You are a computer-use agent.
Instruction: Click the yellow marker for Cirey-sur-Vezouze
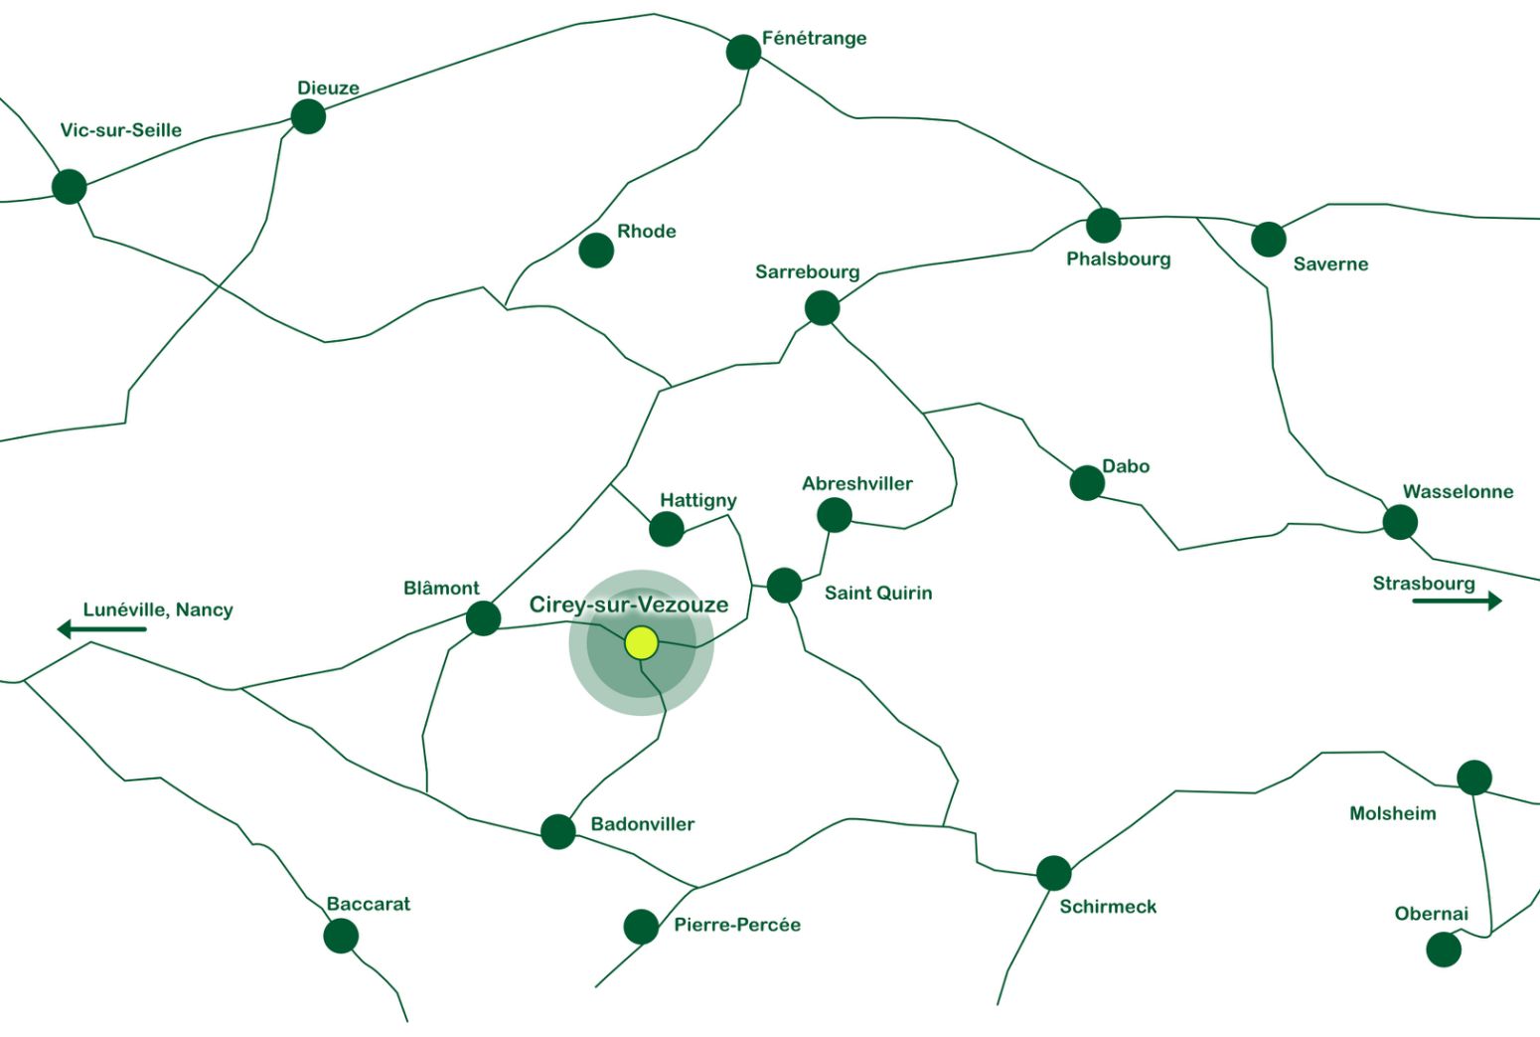[x=642, y=643]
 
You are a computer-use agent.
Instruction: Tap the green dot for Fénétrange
[x=743, y=52]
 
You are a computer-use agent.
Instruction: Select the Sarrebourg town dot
[x=822, y=308]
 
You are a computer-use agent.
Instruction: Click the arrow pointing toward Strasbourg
[x=1457, y=601]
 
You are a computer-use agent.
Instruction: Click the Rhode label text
[x=646, y=232]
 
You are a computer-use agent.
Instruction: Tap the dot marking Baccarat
[x=341, y=936]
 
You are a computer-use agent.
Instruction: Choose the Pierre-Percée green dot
[x=641, y=927]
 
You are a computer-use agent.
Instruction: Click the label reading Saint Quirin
[x=878, y=594]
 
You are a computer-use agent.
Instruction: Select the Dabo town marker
[x=1087, y=483]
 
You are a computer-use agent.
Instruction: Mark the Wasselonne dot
[x=1400, y=522]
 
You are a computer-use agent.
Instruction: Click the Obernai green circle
[x=1444, y=950]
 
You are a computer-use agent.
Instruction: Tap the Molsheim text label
[x=1392, y=814]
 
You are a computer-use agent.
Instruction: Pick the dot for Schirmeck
[x=1053, y=873]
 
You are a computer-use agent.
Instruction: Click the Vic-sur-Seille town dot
[x=70, y=186]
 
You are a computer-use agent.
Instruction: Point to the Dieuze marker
[x=308, y=116]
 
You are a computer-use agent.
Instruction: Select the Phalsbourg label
[x=1118, y=259]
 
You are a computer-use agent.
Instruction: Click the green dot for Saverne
[x=1268, y=239]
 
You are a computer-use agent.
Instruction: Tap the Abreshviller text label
[x=856, y=484]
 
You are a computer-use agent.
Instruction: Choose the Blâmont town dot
[x=483, y=618]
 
